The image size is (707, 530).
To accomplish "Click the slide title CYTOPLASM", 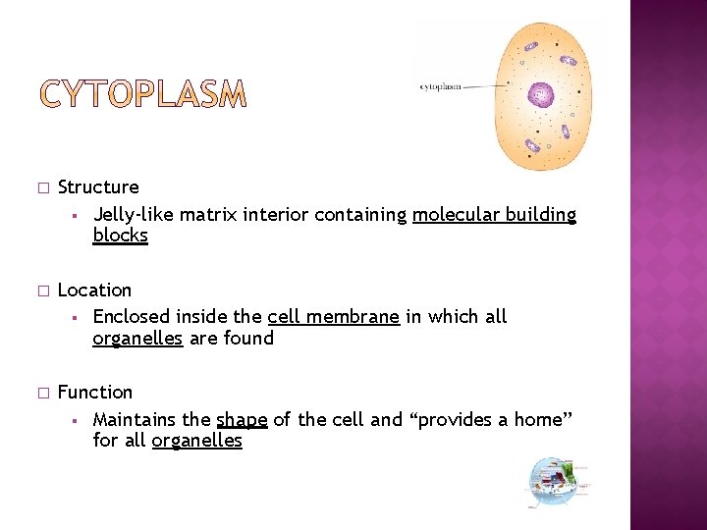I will [143, 95].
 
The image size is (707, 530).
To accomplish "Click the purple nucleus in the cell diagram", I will [541, 95].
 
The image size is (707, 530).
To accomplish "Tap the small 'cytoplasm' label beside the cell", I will [441, 86].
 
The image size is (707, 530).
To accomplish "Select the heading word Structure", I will [98, 186].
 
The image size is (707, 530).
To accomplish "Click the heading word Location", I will [94, 290].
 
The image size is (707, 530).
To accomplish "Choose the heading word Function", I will [95, 392].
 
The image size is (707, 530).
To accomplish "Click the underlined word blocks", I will [120, 236].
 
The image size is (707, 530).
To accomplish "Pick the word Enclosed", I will [132, 316].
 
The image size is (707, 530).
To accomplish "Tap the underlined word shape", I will [242, 419].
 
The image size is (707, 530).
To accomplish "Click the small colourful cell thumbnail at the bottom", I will [557, 482].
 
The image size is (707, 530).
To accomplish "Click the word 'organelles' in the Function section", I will [196, 441].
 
